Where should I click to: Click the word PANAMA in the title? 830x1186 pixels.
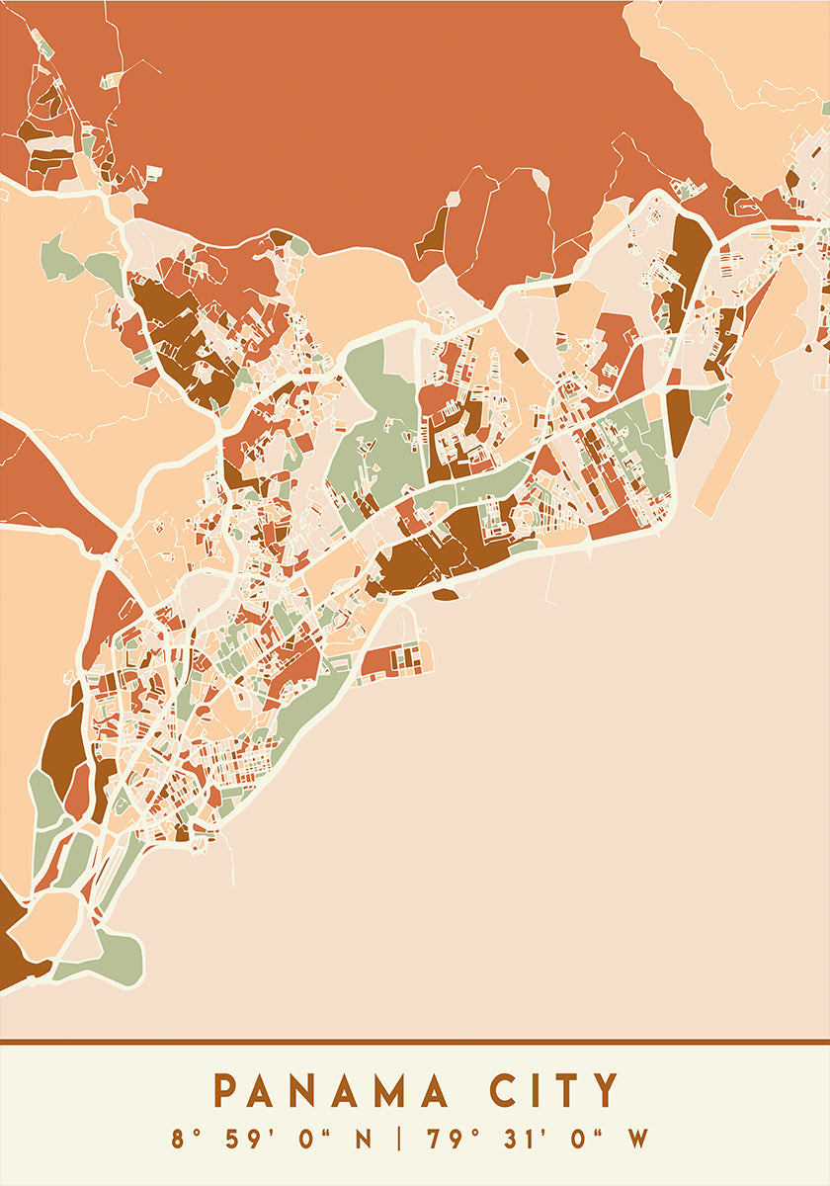[331, 1092]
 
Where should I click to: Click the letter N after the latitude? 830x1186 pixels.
[365, 1140]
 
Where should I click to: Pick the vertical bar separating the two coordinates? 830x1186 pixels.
[399, 1140]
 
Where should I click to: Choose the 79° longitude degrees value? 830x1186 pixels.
[449, 1140]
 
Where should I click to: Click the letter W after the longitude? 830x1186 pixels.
[638, 1140]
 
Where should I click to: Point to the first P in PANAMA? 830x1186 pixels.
[226, 1092]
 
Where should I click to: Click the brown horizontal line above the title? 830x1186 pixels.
[415, 1042]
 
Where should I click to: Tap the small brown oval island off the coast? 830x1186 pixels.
[445, 595]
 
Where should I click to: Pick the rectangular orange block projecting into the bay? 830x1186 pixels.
[395, 659]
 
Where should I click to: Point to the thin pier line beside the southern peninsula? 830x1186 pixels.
[230, 860]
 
